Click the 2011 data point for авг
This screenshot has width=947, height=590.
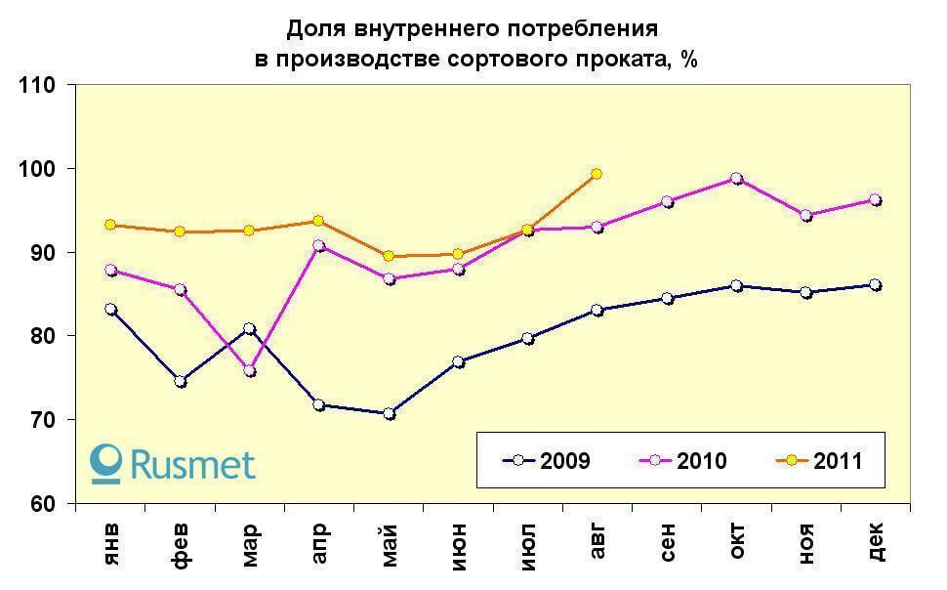597,174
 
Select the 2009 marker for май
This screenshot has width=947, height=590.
389,413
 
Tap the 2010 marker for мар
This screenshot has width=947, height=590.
250,371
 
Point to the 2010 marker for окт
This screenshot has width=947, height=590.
736,179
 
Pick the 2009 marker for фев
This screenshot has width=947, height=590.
181,381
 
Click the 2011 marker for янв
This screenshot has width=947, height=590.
110,225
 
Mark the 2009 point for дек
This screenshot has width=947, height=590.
876,285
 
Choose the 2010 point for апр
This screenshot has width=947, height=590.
319,246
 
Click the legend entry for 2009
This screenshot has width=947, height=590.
546,461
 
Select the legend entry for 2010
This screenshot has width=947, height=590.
682,461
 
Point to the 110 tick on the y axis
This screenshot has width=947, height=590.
40,85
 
